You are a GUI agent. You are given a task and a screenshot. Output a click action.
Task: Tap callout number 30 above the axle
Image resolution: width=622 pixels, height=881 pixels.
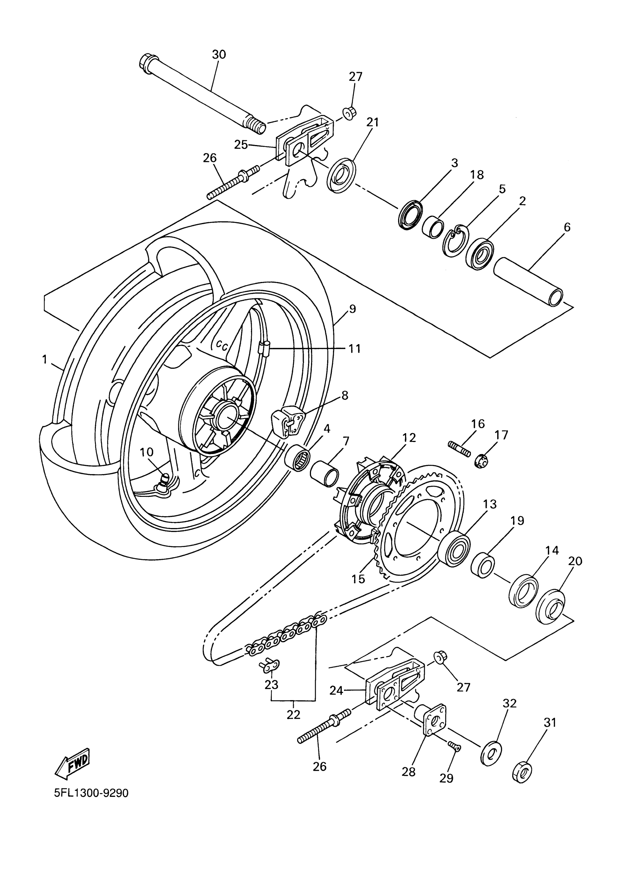219,55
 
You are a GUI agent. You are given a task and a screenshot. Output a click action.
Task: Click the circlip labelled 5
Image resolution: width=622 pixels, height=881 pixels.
455,241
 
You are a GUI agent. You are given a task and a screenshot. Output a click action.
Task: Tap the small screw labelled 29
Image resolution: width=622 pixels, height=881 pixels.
454,746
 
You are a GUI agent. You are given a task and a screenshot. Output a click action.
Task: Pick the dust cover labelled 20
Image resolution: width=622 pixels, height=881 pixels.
551,609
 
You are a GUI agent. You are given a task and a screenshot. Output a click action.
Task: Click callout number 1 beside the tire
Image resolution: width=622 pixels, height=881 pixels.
45,360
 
